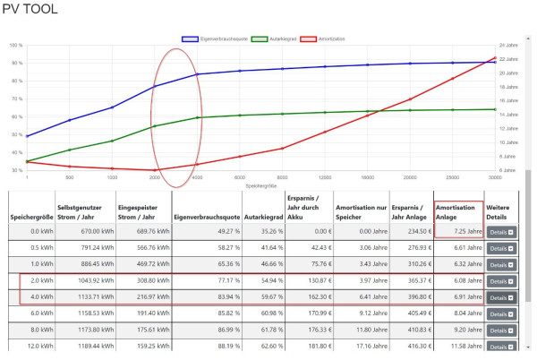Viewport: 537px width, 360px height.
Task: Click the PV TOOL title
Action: click(x=30, y=10)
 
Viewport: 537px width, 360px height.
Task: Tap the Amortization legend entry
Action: click(x=330, y=39)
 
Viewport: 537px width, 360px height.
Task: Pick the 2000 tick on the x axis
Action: click(x=155, y=177)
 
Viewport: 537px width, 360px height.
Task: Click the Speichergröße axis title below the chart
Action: click(x=260, y=186)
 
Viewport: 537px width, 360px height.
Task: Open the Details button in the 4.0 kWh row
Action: click(x=501, y=296)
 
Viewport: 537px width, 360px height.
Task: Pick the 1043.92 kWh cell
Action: click(x=88, y=280)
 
